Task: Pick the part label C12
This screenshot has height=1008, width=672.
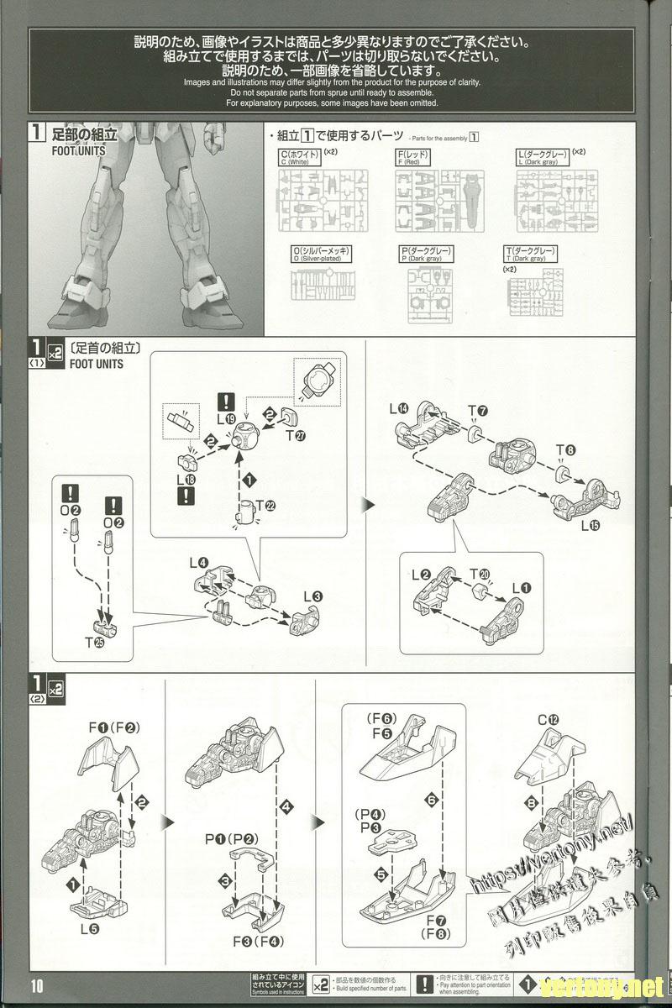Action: click(x=549, y=720)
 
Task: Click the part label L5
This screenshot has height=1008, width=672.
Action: click(x=90, y=929)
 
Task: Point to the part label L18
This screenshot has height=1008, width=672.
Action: click(x=188, y=479)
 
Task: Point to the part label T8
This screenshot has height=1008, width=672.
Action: click(x=570, y=450)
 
